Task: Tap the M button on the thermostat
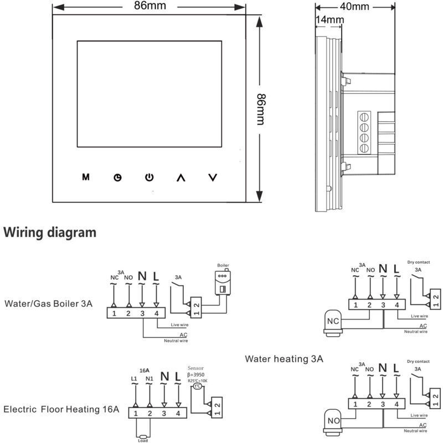click(85, 177)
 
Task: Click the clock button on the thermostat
click(117, 178)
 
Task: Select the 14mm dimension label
click(329, 19)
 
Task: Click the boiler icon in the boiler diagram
click(222, 282)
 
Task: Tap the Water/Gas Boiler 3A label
click(48, 303)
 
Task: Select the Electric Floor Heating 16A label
click(61, 410)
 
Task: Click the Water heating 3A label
click(284, 359)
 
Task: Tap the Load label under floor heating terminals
click(142, 440)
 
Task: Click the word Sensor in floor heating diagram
click(196, 367)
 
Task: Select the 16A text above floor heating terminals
click(144, 370)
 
